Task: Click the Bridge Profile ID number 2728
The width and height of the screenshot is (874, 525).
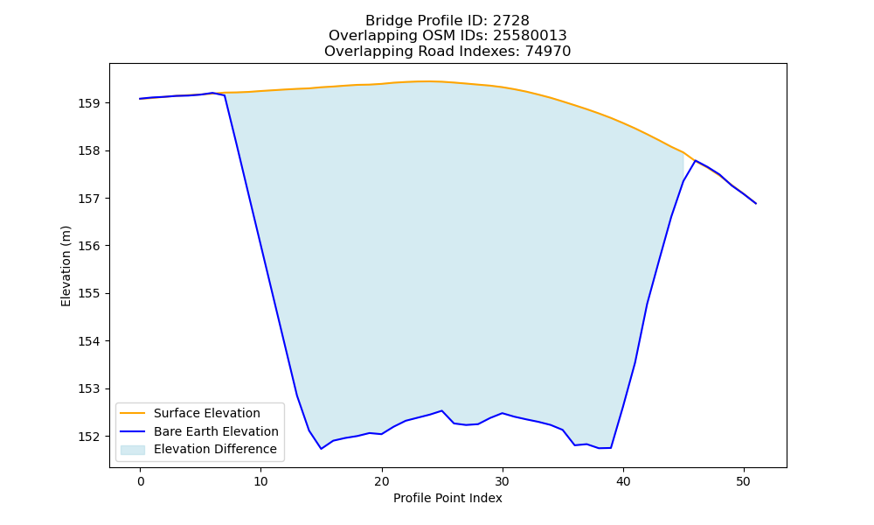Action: [510, 21]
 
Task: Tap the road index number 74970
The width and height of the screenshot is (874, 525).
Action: [548, 52]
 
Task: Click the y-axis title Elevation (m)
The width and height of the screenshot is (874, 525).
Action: [66, 266]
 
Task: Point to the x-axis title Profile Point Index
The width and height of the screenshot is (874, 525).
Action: [447, 498]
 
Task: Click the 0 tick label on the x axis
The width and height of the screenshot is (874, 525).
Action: [141, 481]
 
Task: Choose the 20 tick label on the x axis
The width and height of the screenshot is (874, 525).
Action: [382, 481]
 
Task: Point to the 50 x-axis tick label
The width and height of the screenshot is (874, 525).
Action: [744, 481]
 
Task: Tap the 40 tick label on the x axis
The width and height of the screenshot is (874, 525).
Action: [623, 481]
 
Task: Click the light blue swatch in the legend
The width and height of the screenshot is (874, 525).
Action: [133, 450]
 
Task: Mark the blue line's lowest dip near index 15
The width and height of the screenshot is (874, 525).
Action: [321, 449]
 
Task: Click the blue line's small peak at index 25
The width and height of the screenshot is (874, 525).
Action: [442, 410]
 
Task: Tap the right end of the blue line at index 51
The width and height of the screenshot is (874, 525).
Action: [756, 204]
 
